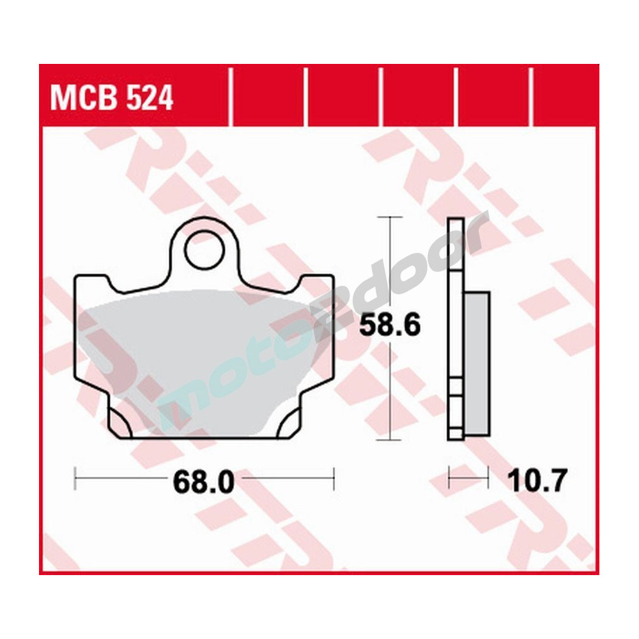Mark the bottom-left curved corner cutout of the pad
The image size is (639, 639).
coord(119,423)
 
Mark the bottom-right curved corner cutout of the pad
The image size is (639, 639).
coord(289,423)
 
